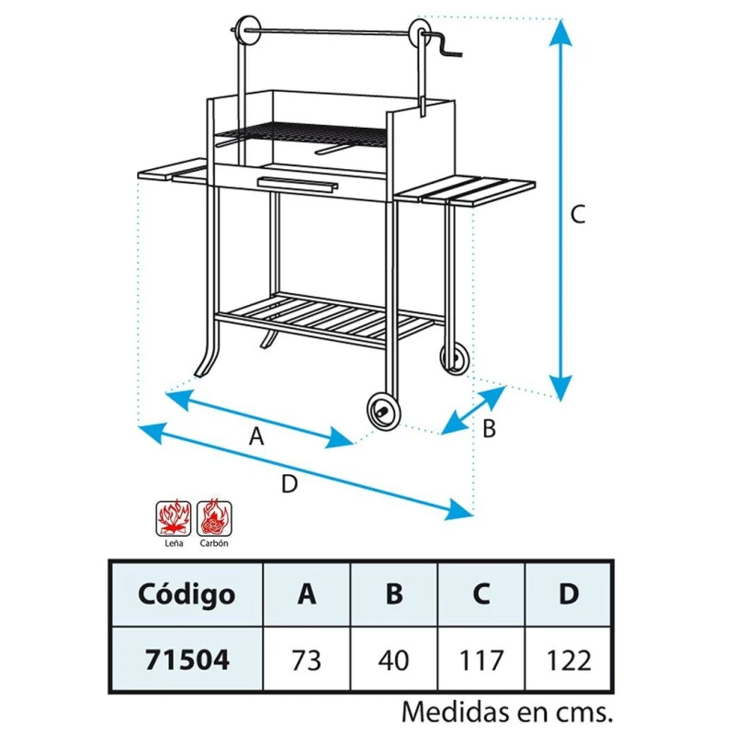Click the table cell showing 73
point(307,660)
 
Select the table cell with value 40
point(394,660)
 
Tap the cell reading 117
point(481,660)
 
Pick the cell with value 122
point(569,660)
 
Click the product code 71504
point(187,660)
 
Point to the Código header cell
point(187,594)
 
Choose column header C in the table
point(481,594)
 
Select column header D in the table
point(569,594)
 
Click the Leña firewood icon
point(174,518)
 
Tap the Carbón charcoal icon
point(214,518)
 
